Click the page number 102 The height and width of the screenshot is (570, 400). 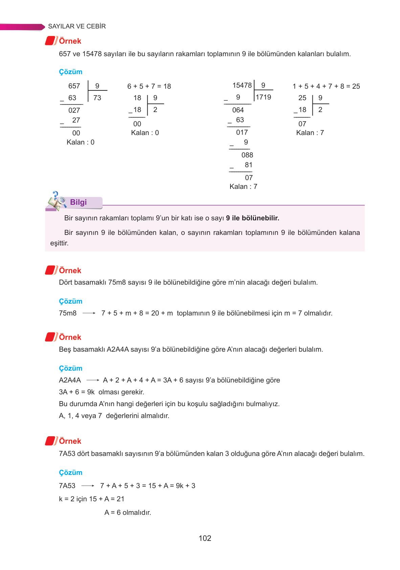click(x=205, y=538)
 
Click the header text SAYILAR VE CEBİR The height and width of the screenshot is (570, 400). click(x=77, y=26)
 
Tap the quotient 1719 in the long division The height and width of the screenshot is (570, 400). click(x=263, y=97)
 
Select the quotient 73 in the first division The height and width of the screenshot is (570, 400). click(x=97, y=98)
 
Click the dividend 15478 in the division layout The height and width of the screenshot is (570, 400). click(x=242, y=85)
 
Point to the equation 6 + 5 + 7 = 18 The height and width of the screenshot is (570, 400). click(x=149, y=86)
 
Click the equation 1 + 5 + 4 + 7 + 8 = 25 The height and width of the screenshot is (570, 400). click(x=326, y=86)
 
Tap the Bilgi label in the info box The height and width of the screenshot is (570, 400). click(x=78, y=202)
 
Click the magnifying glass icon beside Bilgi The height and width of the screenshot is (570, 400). click(x=55, y=201)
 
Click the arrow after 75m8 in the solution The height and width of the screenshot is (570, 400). click(x=89, y=313)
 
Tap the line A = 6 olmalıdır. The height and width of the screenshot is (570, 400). click(x=128, y=512)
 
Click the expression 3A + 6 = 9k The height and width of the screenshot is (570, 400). click(x=76, y=392)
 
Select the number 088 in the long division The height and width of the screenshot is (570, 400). click(x=247, y=155)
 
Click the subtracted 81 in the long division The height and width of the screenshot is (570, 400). click(x=248, y=165)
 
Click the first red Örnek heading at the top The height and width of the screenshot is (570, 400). click(x=70, y=41)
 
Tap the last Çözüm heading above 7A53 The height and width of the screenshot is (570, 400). click(x=70, y=473)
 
